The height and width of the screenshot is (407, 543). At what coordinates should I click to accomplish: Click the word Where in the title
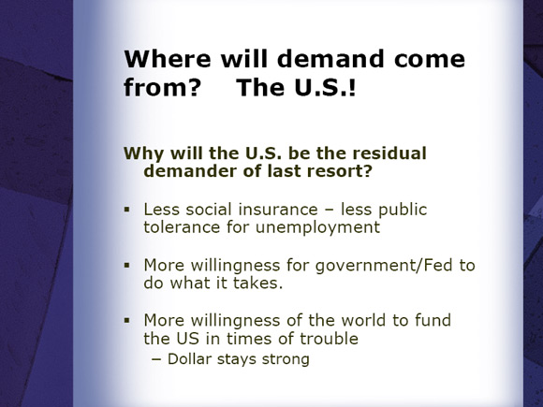(168, 59)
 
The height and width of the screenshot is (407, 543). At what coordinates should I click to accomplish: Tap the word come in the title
(430, 59)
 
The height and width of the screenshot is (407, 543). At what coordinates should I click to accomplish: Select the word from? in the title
(162, 87)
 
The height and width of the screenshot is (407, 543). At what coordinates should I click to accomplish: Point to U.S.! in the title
(325, 87)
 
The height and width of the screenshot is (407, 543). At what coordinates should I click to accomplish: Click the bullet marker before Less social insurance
(127, 210)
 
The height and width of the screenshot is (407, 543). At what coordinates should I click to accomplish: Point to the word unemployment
(317, 227)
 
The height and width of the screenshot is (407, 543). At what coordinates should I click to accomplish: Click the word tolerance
(182, 227)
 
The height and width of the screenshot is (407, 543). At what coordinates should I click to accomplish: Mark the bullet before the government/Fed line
(127, 266)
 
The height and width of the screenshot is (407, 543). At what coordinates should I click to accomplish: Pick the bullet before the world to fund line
(127, 321)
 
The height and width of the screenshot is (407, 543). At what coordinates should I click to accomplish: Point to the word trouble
(329, 339)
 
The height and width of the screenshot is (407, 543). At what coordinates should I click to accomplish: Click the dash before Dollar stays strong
(156, 360)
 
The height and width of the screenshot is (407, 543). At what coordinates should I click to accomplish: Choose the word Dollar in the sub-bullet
(189, 359)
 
